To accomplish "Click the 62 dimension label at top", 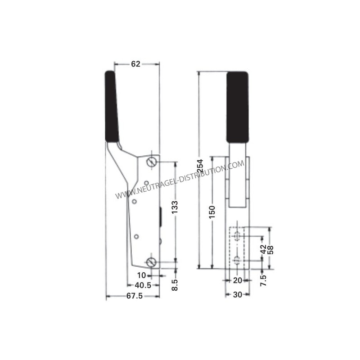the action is (x=135, y=64).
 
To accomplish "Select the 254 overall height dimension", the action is (x=200, y=166).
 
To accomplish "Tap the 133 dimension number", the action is (x=175, y=207).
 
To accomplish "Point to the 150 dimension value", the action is (x=212, y=212).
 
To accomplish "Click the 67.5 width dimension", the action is (x=135, y=296).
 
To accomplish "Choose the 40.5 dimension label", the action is (x=143, y=285).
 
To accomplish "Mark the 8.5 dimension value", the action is (x=175, y=285).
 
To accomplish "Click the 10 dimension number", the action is (x=142, y=275).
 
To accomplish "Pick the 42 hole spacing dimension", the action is (x=264, y=249).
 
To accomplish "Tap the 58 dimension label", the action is (x=271, y=250).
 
